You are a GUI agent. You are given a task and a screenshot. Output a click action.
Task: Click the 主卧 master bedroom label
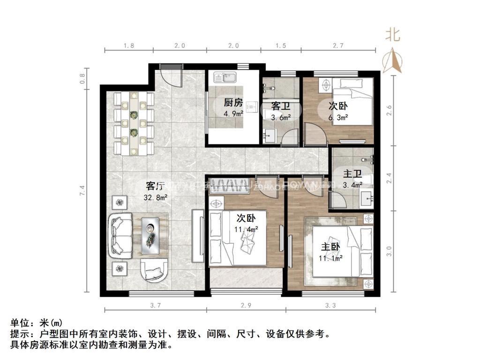pyautogui.click(x=331, y=247)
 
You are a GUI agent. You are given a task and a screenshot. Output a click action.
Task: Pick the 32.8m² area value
pyautogui.click(x=156, y=197)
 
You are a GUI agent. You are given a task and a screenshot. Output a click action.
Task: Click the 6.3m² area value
pyautogui.click(x=338, y=118)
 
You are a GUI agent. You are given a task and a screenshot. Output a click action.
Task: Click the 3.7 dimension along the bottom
pyautogui.click(x=156, y=306)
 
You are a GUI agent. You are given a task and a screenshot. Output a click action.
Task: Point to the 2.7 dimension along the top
pyautogui.click(x=338, y=45)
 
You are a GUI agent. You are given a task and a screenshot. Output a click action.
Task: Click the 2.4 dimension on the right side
pyautogui.click(x=389, y=179)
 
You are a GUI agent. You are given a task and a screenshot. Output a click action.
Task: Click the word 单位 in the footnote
pyautogui.click(x=21, y=323)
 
